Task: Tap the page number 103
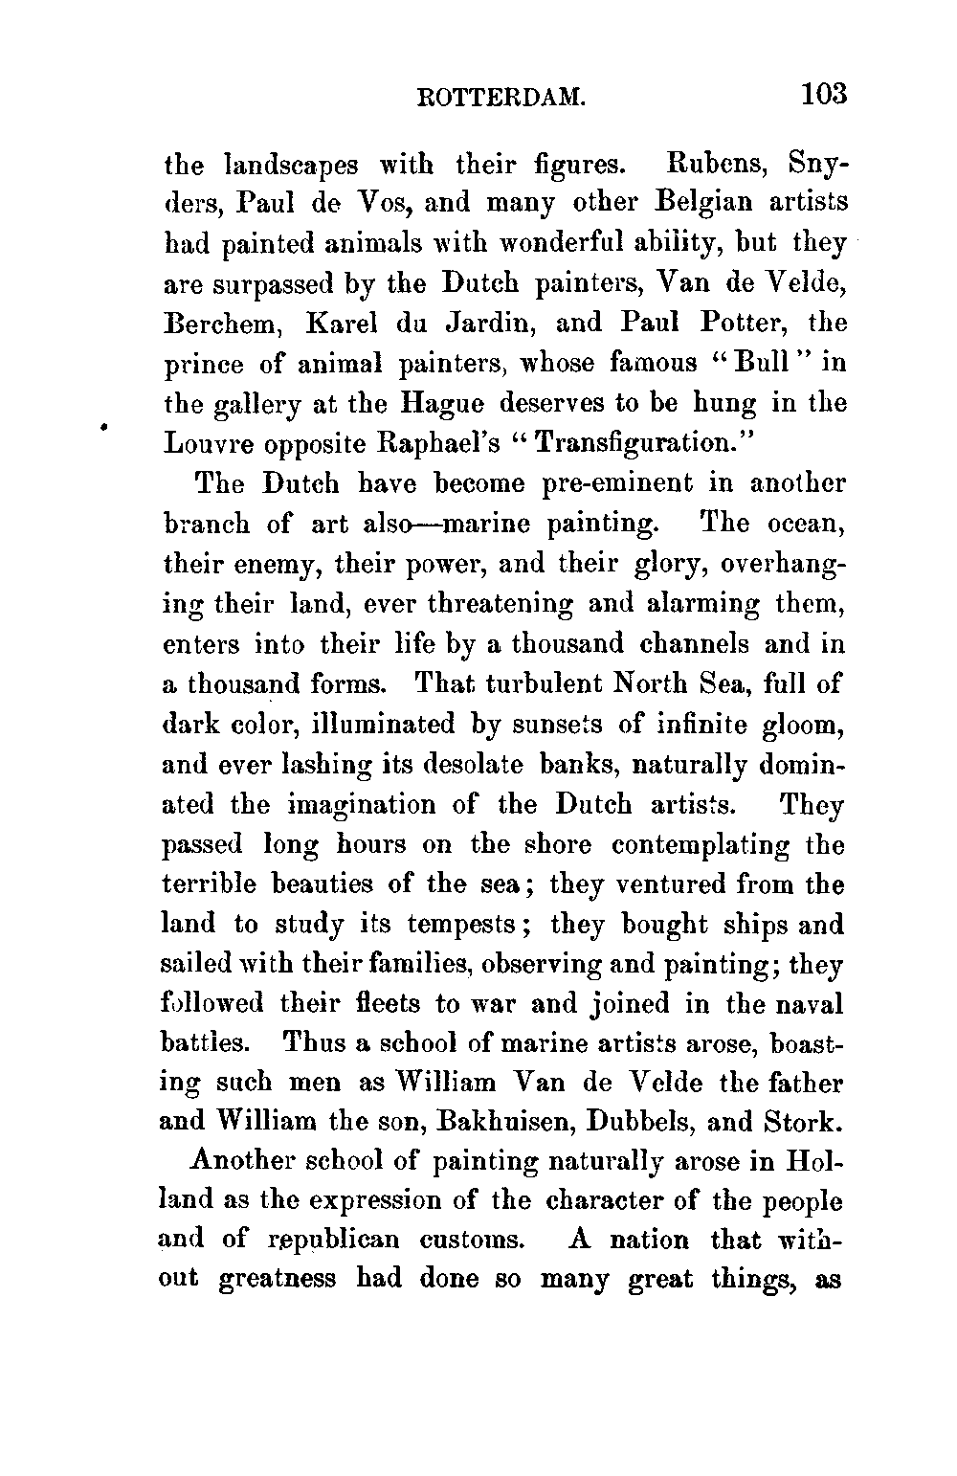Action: (x=824, y=95)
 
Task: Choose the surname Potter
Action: (x=743, y=324)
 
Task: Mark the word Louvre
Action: (x=212, y=444)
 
